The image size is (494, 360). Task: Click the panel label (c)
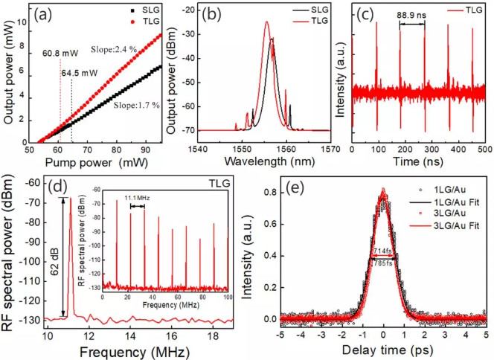[x=362, y=15]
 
